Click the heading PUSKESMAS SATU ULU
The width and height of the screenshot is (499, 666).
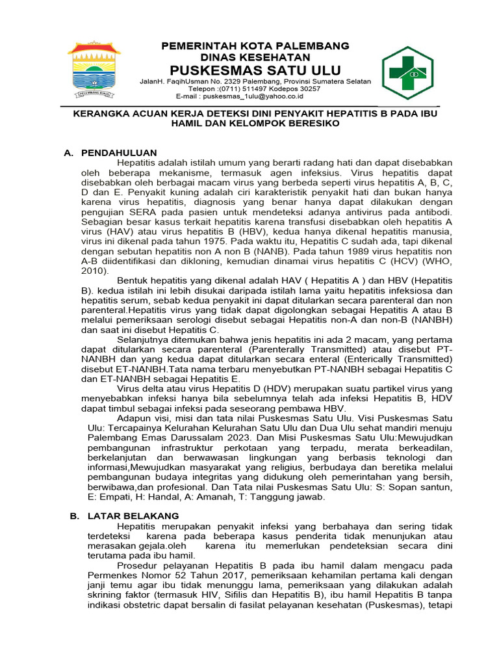(255, 70)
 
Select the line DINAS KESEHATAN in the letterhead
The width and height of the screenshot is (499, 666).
(255, 57)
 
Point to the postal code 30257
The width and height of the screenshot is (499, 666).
(308, 88)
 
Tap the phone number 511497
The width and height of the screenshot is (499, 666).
(257, 88)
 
